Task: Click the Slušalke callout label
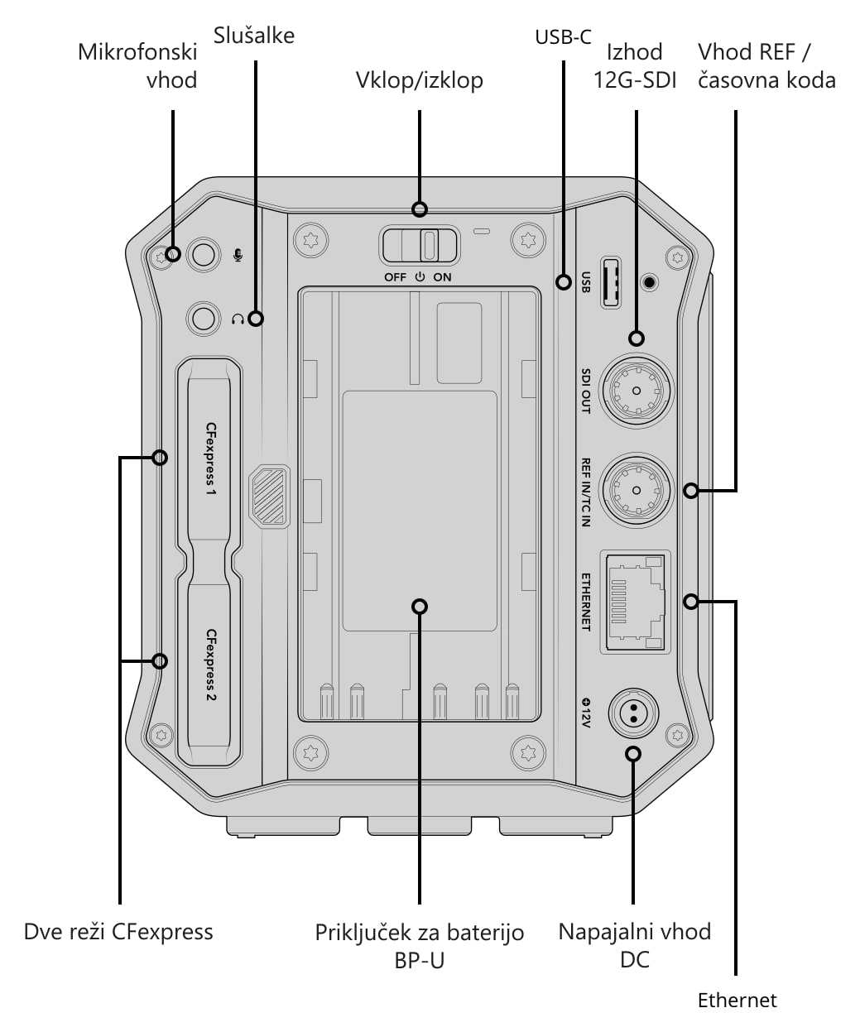pyautogui.click(x=253, y=36)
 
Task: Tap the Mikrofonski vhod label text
pyautogui.click(x=137, y=65)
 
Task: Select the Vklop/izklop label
pyautogui.click(x=419, y=80)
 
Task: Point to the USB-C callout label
pyautogui.click(x=563, y=37)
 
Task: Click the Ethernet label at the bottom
pyautogui.click(x=737, y=1000)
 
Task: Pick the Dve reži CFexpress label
pyautogui.click(x=118, y=932)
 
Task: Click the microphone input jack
pyautogui.click(x=204, y=255)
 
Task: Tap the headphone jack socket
pyautogui.click(x=203, y=319)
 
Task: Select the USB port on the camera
pyautogui.click(x=611, y=283)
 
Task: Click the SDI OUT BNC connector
pyautogui.click(x=637, y=391)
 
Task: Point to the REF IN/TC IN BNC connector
pyautogui.click(x=637, y=490)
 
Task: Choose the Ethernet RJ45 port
pyautogui.click(x=636, y=602)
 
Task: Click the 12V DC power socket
pyautogui.click(x=633, y=713)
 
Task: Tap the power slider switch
pyautogui.click(x=419, y=246)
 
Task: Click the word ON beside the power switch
pyautogui.click(x=442, y=277)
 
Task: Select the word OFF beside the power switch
pyautogui.click(x=395, y=277)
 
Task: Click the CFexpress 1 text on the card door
pyautogui.click(x=211, y=458)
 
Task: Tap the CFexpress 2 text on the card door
pyautogui.click(x=211, y=665)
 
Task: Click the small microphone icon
pyautogui.click(x=238, y=255)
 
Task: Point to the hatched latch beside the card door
pyautogui.click(x=269, y=497)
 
